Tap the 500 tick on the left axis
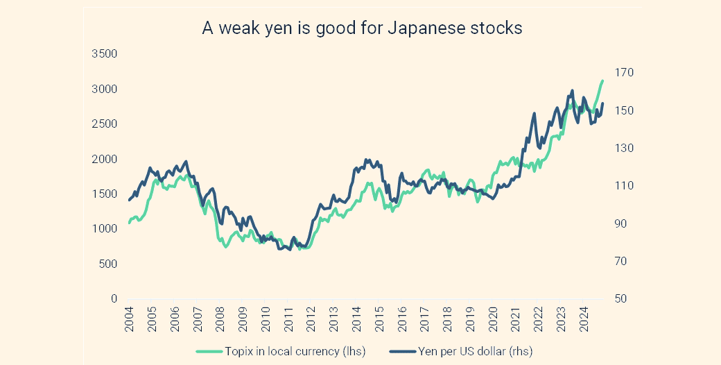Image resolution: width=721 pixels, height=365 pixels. coord(108,264)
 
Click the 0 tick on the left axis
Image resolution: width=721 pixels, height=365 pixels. coord(114,299)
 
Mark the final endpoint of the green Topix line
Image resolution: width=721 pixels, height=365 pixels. coord(602,80)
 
